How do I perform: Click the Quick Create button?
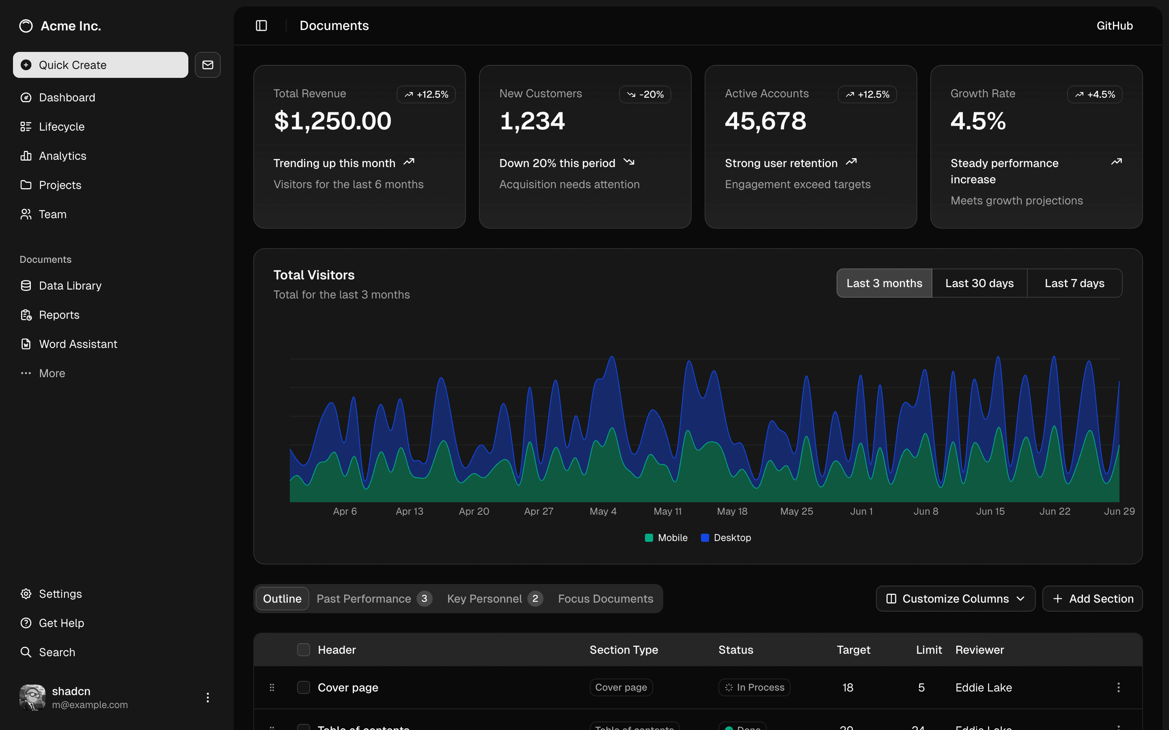[x=101, y=65]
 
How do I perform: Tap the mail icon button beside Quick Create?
[x=208, y=65]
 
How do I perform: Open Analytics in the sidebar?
[x=63, y=156]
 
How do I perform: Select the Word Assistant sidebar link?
[x=78, y=344]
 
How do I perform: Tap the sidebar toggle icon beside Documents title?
[x=261, y=26]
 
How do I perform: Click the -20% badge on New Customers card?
[x=645, y=94]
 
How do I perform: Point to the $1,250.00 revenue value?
[x=332, y=121]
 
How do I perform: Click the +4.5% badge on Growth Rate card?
[x=1095, y=94]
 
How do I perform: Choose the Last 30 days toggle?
[x=979, y=283]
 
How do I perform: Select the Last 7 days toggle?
[x=1074, y=283]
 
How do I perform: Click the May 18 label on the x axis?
[x=732, y=511]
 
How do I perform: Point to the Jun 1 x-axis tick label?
[x=861, y=511]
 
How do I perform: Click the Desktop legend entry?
[x=726, y=538]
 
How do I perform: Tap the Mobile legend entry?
[x=666, y=538]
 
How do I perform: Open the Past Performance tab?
[x=364, y=599]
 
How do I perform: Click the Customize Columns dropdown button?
[x=955, y=599]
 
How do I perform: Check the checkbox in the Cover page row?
[x=303, y=687]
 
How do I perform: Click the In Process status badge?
[x=754, y=687]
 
